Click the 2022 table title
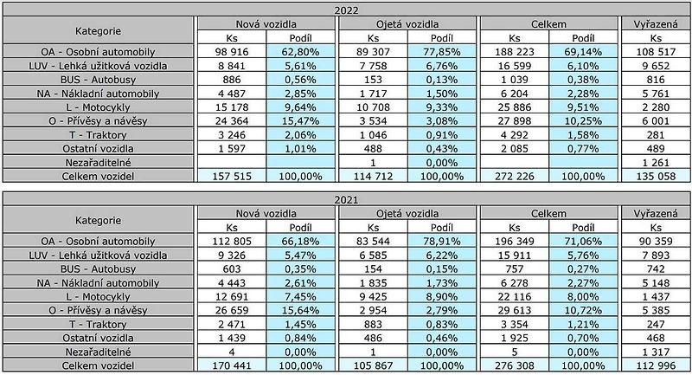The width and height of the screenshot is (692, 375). pos(347,10)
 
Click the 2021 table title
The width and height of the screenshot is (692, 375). pos(347,200)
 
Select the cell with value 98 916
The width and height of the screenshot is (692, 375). pos(232,52)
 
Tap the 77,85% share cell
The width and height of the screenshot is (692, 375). pos(442,52)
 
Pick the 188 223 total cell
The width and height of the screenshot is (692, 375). pos(514,52)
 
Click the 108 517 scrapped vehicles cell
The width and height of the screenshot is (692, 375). pos(656,52)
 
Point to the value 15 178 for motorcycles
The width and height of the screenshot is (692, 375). pos(232,107)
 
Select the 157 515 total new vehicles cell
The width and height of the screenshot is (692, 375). pos(232,176)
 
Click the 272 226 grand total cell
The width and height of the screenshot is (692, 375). pos(514,176)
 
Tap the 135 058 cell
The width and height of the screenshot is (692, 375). pos(656,176)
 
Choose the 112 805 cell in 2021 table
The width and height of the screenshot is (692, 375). pos(232,241)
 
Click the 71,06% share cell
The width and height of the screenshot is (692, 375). pos(583,241)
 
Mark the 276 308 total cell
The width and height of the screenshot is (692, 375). pos(514,365)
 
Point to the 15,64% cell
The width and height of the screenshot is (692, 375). pos(300,310)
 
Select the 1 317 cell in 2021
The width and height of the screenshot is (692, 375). pos(656,352)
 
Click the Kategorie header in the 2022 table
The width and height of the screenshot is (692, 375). pos(98,31)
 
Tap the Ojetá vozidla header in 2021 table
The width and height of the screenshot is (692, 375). pos(407,213)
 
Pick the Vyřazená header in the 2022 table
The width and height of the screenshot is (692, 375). pos(656,24)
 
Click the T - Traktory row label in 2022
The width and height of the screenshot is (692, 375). pos(98,135)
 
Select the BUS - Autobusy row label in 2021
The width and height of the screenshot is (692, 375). pos(98,269)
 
